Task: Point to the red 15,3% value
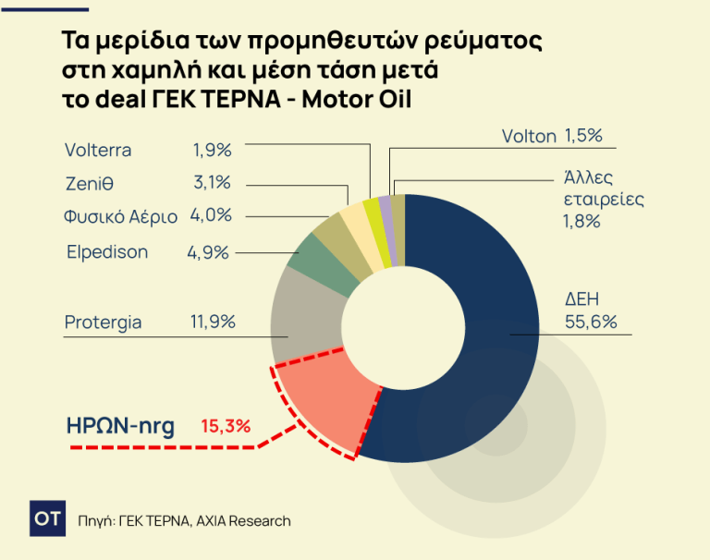pos(226,427)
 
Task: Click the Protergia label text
pos(103,323)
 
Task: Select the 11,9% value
pos(213,323)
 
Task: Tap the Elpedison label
pos(107,252)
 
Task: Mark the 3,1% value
pos(212,183)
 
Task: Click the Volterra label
pos(98,150)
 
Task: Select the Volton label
pos(529,137)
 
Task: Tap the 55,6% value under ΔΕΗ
pos(591,323)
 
